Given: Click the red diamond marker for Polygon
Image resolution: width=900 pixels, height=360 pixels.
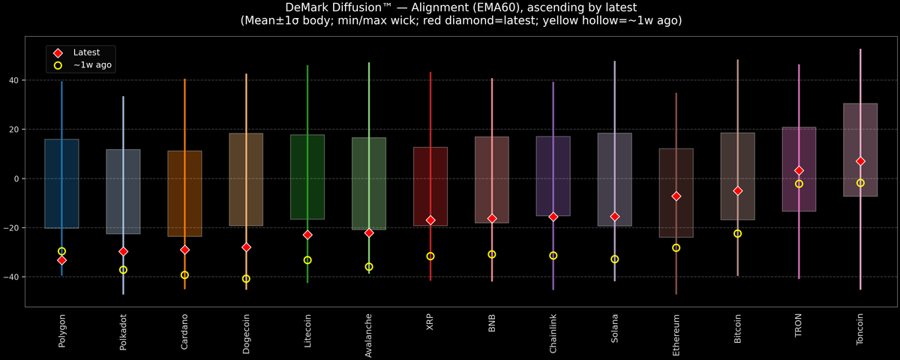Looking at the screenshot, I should click(x=61, y=260).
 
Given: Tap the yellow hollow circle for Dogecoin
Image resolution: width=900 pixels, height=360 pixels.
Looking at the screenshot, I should click(x=246, y=279).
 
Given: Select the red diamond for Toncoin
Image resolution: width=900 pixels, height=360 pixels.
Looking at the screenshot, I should click(x=860, y=161).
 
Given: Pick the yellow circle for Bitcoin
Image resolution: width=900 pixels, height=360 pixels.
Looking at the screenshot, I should click(x=737, y=234).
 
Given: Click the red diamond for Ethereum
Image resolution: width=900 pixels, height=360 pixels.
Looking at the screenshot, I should click(x=676, y=196).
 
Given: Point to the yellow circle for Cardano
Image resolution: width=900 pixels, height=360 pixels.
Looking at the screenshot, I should click(x=184, y=275).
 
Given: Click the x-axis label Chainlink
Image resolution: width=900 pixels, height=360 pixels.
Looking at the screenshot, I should click(x=553, y=333).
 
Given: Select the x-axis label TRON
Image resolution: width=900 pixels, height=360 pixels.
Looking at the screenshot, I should click(x=799, y=325).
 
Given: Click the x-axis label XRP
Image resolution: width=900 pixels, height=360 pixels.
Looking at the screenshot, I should click(x=430, y=322).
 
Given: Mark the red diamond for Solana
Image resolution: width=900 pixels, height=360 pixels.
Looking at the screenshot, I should click(x=614, y=216).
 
